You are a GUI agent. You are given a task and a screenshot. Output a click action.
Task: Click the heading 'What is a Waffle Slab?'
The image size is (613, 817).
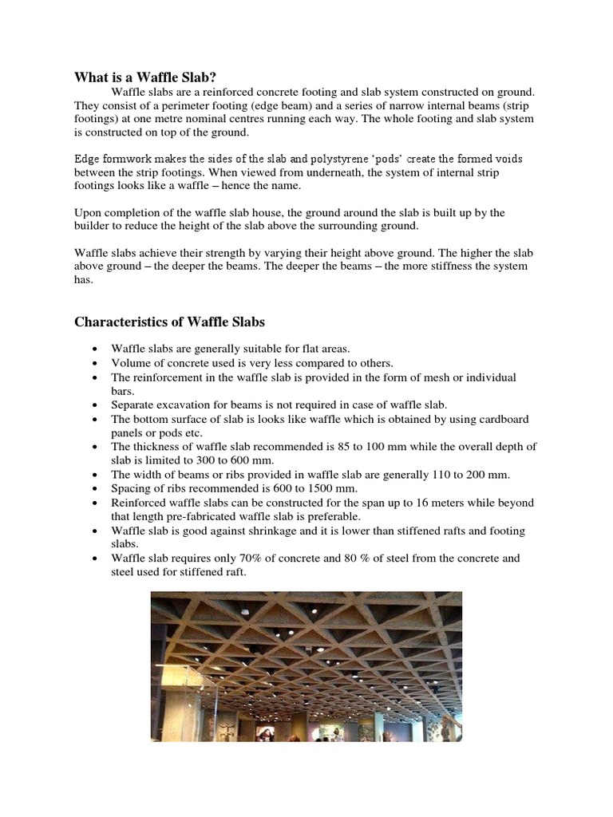tap(145, 77)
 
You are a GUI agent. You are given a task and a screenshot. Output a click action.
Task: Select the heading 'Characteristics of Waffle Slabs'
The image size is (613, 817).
tap(170, 322)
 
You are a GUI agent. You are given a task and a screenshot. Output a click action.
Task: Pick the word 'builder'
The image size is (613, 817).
tap(94, 226)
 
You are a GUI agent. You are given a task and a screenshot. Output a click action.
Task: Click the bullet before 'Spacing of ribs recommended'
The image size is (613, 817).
tap(96, 488)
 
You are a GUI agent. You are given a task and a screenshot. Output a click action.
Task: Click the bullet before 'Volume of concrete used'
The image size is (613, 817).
tap(96, 363)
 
